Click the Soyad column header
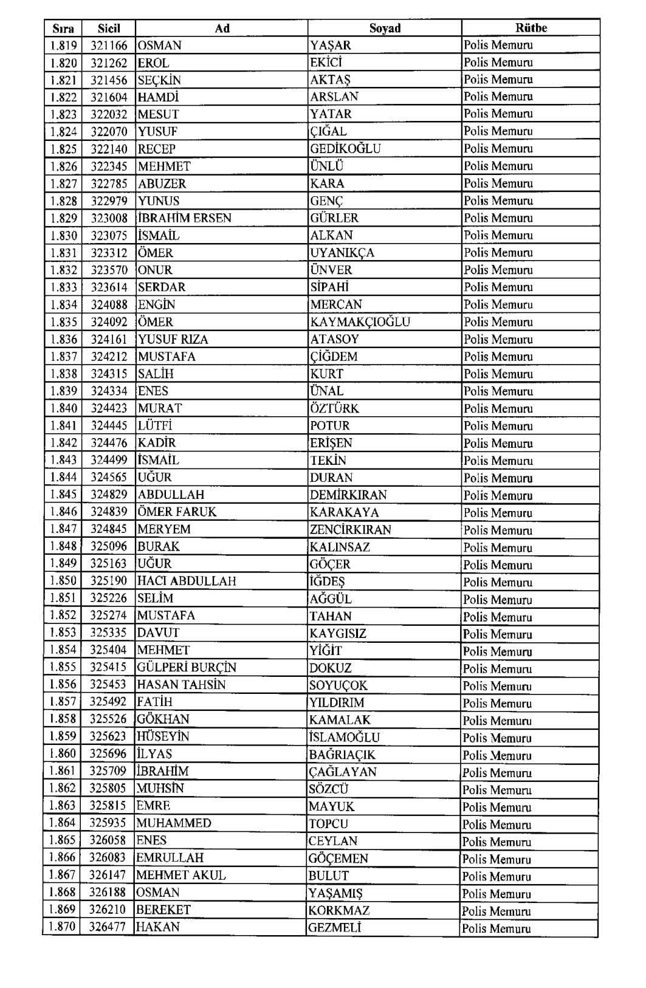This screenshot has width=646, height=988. pyautogui.click(x=385, y=28)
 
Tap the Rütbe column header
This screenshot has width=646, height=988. pyautogui.click(x=531, y=28)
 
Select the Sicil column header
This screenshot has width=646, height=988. pyautogui.click(x=109, y=28)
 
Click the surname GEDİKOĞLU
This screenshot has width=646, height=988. pyautogui.click(x=345, y=149)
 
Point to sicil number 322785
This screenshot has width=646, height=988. pyautogui.click(x=109, y=184)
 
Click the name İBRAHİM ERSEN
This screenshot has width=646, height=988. pyautogui.click(x=185, y=218)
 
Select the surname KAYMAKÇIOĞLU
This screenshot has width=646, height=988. pyautogui.click(x=360, y=322)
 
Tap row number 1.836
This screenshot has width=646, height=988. pyautogui.click(x=64, y=339)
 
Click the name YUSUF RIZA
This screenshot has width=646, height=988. pyautogui.click(x=173, y=339)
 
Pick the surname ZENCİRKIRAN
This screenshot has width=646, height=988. pyautogui.click(x=350, y=529)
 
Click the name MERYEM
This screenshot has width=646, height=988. pyautogui.click(x=164, y=529)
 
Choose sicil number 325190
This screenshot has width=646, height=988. pyautogui.click(x=109, y=581)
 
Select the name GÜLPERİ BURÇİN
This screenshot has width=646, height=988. pyautogui.click(x=187, y=667)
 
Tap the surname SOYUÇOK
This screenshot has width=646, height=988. pyautogui.click(x=338, y=685)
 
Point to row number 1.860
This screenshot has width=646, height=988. pyautogui.click(x=63, y=754)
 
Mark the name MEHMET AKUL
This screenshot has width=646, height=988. pyautogui.click(x=180, y=875)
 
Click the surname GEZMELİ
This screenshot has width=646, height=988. pyautogui.click(x=334, y=927)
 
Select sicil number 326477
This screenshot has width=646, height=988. pyautogui.click(x=108, y=927)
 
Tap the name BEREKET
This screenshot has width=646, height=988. pyautogui.click(x=163, y=910)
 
